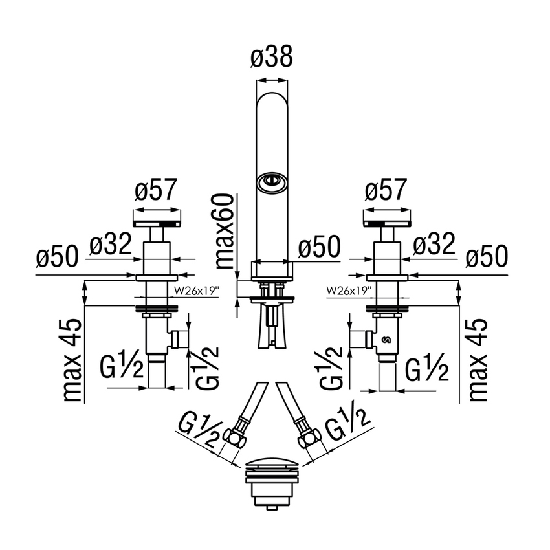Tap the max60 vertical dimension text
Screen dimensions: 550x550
tap(224, 232)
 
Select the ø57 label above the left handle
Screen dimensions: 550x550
tap(157, 190)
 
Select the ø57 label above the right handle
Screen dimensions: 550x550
tap(386, 190)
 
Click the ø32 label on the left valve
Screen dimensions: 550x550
tap(111, 244)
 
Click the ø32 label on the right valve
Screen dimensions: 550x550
tap(434, 244)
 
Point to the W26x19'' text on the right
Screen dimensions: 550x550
tap(349, 291)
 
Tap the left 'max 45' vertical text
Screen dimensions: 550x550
tap(72, 360)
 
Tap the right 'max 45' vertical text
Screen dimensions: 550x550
tap(478, 360)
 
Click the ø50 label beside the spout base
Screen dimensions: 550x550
tap(319, 247)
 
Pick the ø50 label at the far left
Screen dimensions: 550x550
tap(57, 256)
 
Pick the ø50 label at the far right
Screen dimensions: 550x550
tap(487, 256)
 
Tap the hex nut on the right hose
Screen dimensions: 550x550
tap(309, 437)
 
